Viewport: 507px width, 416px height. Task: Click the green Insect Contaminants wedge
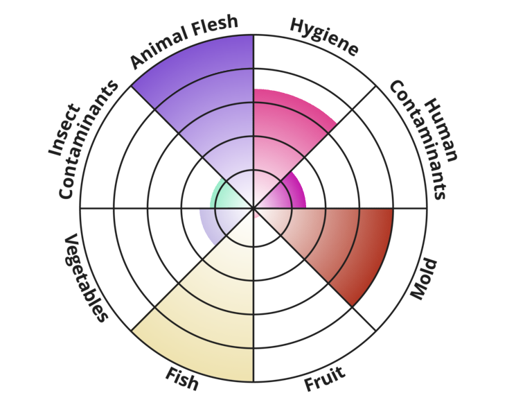coord(225,197)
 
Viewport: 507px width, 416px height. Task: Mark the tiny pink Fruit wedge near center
coord(257,214)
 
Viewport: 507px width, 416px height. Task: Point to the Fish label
coord(182,379)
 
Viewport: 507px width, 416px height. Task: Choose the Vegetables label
coord(87,277)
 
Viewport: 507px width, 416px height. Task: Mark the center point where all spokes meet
coord(254,208)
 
